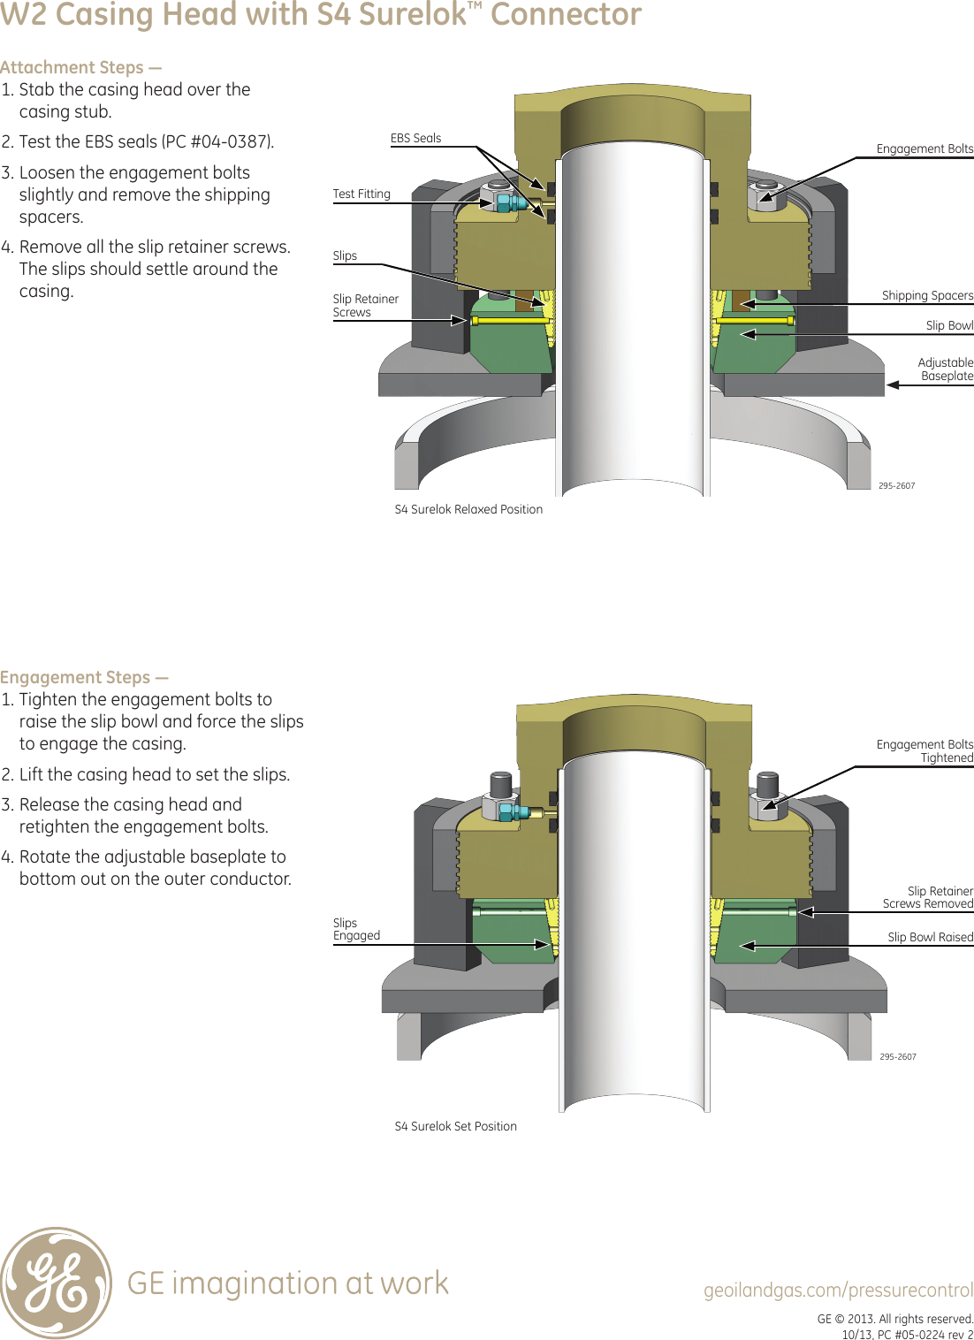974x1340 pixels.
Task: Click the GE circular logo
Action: [57, 1282]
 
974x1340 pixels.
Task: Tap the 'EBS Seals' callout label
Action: [415, 139]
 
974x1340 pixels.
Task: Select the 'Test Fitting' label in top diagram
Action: [361, 194]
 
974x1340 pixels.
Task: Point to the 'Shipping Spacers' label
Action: [926, 296]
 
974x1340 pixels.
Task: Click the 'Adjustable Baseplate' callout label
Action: [945, 369]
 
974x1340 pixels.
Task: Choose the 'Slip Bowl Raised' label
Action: [930, 938]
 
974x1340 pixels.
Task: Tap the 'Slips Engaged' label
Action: [356, 930]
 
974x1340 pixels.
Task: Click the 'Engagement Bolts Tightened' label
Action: [925, 751]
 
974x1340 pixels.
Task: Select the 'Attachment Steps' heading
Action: [80, 68]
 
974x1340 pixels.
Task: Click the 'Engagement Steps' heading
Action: [84, 678]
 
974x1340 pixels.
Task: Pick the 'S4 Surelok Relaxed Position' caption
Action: [468, 510]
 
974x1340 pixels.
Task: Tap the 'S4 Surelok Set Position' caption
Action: [455, 1127]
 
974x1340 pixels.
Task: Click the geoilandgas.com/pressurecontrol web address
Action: [838, 1291]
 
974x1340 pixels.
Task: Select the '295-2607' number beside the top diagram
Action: [896, 486]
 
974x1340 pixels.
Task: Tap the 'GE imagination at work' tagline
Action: [287, 1283]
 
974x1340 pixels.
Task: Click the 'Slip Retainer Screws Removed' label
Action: [927, 897]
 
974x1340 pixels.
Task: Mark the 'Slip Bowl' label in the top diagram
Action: [948, 326]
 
